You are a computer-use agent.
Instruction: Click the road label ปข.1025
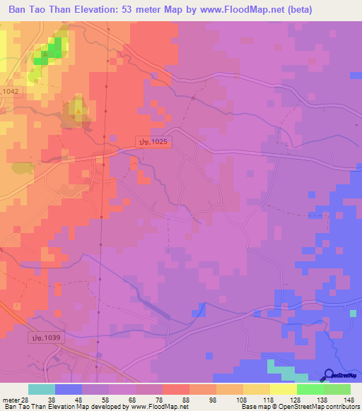click(154, 142)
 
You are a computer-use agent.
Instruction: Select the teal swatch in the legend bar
click(42, 389)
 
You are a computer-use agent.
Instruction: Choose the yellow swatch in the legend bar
click(283, 389)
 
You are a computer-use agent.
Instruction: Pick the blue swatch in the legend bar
click(69, 389)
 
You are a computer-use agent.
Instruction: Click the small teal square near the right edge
click(353, 313)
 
